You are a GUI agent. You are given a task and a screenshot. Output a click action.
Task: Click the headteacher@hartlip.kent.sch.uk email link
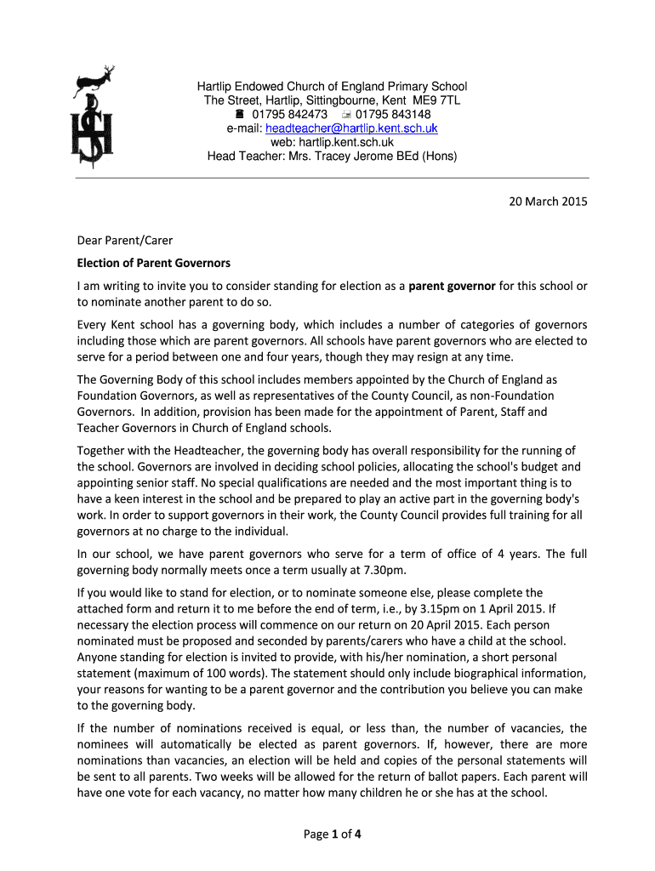click(351, 128)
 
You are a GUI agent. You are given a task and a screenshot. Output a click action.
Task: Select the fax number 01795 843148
click(393, 115)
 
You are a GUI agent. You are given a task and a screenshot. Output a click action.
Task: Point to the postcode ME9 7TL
click(435, 100)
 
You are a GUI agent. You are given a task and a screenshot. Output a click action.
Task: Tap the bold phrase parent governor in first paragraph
click(452, 287)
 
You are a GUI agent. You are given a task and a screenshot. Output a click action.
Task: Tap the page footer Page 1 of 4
click(333, 834)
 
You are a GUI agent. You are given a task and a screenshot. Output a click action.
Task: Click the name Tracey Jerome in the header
click(356, 157)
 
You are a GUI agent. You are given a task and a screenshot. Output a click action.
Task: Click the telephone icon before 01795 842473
click(239, 115)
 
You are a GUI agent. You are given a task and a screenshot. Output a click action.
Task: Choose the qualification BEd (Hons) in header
click(427, 157)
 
